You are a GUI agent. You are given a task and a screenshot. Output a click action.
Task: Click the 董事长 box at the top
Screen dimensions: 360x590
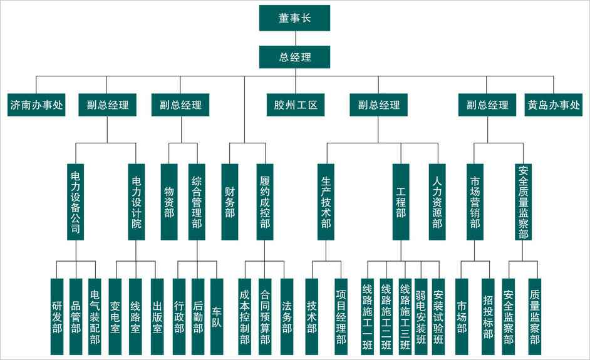tap(294, 18)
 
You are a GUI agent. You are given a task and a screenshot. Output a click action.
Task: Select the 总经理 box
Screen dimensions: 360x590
tap(294, 57)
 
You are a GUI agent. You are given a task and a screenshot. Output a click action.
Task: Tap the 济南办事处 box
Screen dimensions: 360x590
tap(37, 105)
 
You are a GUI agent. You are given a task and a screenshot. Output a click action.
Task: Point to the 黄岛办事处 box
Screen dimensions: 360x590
tap(554, 105)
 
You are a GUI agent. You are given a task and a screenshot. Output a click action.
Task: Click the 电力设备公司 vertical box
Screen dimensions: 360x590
tap(76, 202)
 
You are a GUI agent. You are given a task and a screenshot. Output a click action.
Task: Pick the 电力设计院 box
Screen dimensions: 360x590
tap(136, 202)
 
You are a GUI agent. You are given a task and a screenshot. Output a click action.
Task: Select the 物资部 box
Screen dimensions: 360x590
tap(169, 202)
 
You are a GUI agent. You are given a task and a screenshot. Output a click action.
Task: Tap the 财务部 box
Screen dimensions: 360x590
tap(229, 202)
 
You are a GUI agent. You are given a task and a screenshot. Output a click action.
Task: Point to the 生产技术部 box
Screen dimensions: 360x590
tap(326, 202)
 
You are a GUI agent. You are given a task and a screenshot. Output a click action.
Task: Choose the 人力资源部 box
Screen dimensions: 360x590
tap(437, 202)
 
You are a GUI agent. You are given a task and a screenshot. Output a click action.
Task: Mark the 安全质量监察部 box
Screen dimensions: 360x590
tap(524, 202)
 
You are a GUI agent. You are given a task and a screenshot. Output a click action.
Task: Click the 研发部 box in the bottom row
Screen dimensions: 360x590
tap(57, 316)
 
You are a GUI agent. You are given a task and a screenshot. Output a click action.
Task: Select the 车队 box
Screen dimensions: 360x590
tap(217, 316)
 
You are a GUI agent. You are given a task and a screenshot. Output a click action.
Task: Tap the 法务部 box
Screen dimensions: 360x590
tap(287, 316)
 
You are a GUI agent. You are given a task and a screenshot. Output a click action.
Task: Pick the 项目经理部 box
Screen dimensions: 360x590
tap(341, 316)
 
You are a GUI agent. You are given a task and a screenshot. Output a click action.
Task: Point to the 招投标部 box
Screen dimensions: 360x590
tap(488, 316)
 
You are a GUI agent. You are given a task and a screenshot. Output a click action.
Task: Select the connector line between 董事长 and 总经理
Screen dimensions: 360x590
tap(294, 38)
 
